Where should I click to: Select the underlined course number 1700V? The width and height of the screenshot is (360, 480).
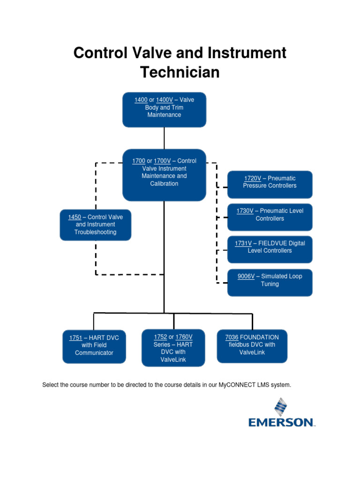pos(162,161)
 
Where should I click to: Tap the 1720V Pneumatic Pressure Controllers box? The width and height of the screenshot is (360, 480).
pos(270,182)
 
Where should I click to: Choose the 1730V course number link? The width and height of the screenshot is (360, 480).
pos(245,211)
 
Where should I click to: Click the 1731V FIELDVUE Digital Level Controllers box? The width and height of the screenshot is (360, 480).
pos(270,247)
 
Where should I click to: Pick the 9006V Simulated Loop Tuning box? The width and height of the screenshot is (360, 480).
pos(270,280)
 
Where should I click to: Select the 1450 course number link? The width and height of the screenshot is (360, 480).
pos(75,217)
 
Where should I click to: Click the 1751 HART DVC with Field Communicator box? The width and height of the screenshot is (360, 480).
pos(94,345)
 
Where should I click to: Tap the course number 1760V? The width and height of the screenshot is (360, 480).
pos(184,337)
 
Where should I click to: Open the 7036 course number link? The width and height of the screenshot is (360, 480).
pos(232,337)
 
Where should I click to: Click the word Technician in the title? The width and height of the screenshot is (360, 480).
pos(180,73)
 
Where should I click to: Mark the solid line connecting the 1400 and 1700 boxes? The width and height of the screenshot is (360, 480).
pos(164,138)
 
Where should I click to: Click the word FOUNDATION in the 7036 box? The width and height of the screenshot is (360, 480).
pos(259,337)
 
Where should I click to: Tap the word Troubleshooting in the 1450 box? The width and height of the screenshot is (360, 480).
pos(95,232)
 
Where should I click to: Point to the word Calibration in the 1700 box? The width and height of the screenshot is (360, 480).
pos(164,184)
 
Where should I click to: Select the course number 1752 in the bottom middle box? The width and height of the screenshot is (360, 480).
pos(160,337)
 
